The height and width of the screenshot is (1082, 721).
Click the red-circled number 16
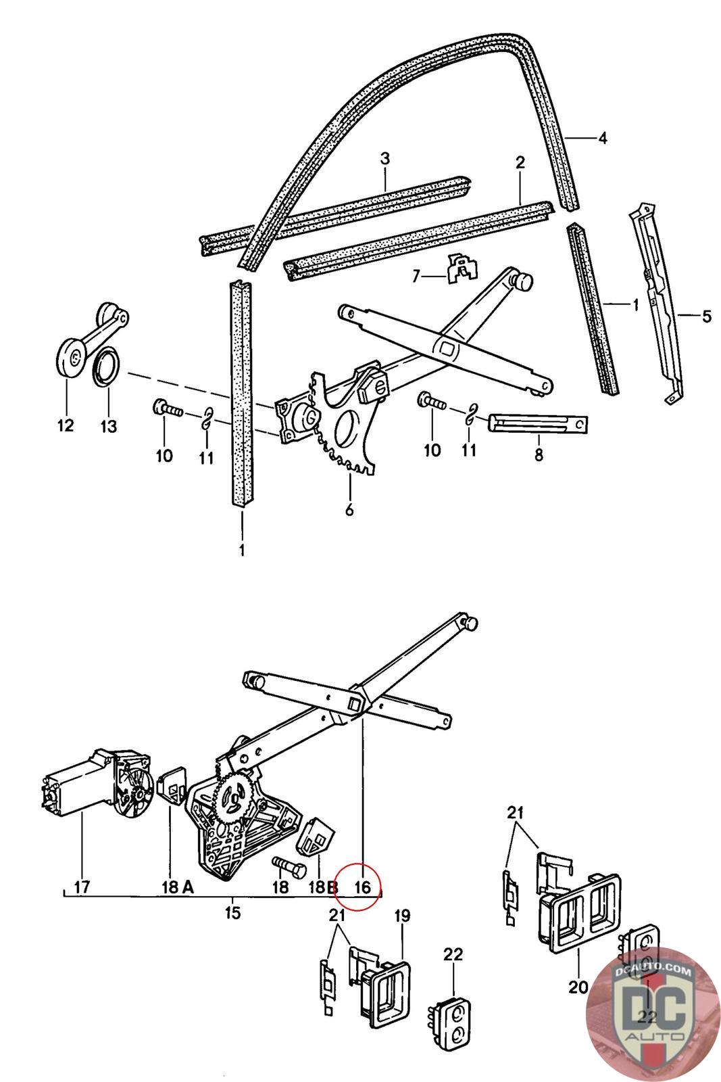[x=363, y=886]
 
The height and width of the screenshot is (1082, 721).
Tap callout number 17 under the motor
[x=82, y=886]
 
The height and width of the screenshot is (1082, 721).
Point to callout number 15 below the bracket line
[x=232, y=912]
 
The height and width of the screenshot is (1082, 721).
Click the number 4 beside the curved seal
[x=603, y=139]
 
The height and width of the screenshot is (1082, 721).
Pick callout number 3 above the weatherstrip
[x=384, y=160]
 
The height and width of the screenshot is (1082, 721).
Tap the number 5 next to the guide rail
[x=706, y=316]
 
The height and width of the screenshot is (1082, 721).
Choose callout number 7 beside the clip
[x=416, y=276]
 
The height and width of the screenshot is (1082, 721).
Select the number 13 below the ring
[x=108, y=426]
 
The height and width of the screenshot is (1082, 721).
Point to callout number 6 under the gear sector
[x=349, y=509]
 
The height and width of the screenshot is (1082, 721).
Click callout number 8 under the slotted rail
[x=539, y=455]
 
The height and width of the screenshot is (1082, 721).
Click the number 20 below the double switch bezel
[x=578, y=987]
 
